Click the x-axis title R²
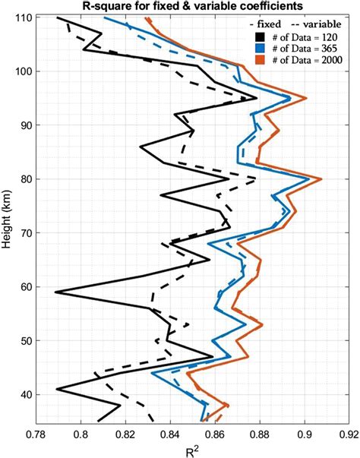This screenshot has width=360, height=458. tap(191, 450)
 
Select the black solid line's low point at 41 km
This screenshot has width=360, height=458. tap(57, 389)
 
